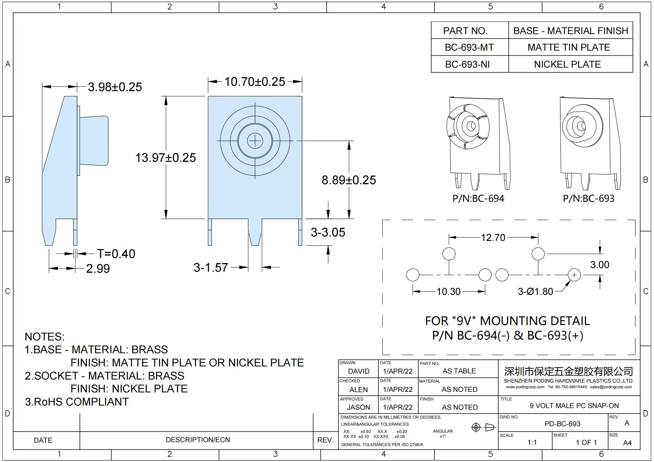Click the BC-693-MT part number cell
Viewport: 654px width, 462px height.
[469, 47]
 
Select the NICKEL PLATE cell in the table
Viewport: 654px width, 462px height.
[567, 64]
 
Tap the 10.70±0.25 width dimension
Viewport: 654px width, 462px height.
[255, 82]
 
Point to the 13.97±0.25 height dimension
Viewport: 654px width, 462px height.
[166, 158]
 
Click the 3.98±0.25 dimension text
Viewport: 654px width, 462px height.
[115, 87]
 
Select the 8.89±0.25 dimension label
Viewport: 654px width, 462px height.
[349, 180]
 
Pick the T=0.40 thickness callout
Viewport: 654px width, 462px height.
[116, 254]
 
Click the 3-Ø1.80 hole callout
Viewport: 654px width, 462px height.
[535, 292]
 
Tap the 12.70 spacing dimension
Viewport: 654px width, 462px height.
[493, 238]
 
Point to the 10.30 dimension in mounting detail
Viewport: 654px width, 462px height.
[448, 292]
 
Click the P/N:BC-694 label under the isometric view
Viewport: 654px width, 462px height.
[478, 199]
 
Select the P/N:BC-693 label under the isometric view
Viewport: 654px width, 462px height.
[589, 199]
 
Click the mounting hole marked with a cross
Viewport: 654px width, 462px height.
[574, 275]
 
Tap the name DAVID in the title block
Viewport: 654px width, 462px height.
[359, 371]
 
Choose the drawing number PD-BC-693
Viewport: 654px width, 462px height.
[562, 424]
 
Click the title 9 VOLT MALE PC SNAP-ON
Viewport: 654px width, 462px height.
[574, 406]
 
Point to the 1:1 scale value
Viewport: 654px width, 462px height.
[532, 442]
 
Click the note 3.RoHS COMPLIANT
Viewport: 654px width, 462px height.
[77, 402]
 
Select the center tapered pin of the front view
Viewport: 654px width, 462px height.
[255, 232]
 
